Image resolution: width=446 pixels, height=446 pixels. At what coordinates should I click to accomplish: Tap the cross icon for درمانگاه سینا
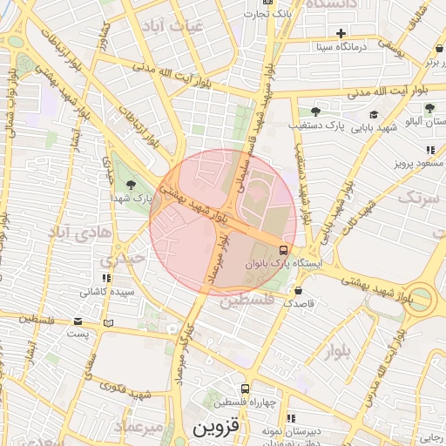[341, 33]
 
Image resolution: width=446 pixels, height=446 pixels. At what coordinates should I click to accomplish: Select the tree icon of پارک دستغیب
[315, 111]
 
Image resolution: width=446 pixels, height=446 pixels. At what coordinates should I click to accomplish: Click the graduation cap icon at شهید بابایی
[374, 114]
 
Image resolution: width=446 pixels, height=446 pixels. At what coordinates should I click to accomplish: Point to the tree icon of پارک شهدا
[131, 184]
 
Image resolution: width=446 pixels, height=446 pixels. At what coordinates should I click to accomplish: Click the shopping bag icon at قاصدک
[299, 290]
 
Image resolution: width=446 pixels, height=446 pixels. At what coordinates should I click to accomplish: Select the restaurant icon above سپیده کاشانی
[95, 279]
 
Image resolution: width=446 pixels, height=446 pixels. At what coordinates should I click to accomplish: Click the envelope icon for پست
[78, 321]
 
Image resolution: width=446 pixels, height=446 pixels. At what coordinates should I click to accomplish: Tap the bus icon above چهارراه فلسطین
[245, 389]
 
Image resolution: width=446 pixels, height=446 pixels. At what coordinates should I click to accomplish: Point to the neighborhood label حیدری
[117, 260]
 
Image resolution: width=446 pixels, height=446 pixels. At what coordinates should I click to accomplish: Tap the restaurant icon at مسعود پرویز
[430, 150]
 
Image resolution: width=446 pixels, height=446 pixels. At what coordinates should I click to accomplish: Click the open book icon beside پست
[108, 323]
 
